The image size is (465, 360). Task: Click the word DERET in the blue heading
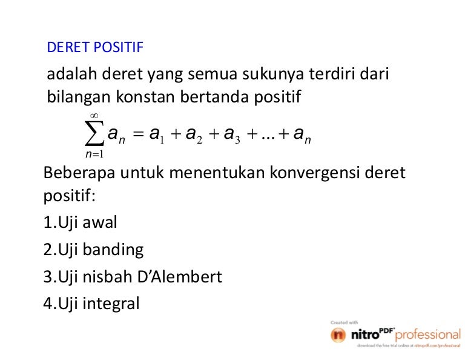pos(68,47)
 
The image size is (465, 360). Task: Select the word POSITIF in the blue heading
pos(119,47)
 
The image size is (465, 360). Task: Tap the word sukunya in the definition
pos(273,75)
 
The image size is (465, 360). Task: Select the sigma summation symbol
pos(94,133)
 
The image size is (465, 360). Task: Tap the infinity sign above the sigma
pos(94,115)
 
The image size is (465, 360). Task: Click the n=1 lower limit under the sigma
pos(94,154)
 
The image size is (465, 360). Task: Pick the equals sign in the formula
pos(138,134)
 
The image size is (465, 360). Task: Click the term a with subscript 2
pos(194,135)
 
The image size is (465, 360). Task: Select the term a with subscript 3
pos(232,135)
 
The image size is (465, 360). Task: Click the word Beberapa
pos(79,173)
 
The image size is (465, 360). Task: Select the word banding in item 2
pos(113,250)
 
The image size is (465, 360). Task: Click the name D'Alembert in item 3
pos(179,276)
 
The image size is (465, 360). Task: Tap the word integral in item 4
pos(111,304)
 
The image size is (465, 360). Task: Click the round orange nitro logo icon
pos(338,335)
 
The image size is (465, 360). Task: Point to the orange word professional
pos(428,335)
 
